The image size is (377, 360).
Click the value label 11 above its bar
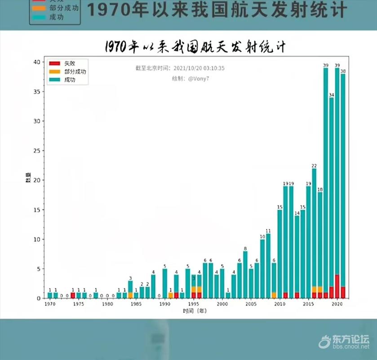(268, 231)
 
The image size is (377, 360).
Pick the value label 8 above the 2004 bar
(245, 248)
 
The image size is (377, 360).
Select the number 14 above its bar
(297, 213)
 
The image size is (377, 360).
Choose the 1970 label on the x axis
(50, 304)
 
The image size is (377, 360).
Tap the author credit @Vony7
(198, 79)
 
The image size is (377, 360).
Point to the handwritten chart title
(195, 47)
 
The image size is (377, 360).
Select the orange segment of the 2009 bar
(274, 295)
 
